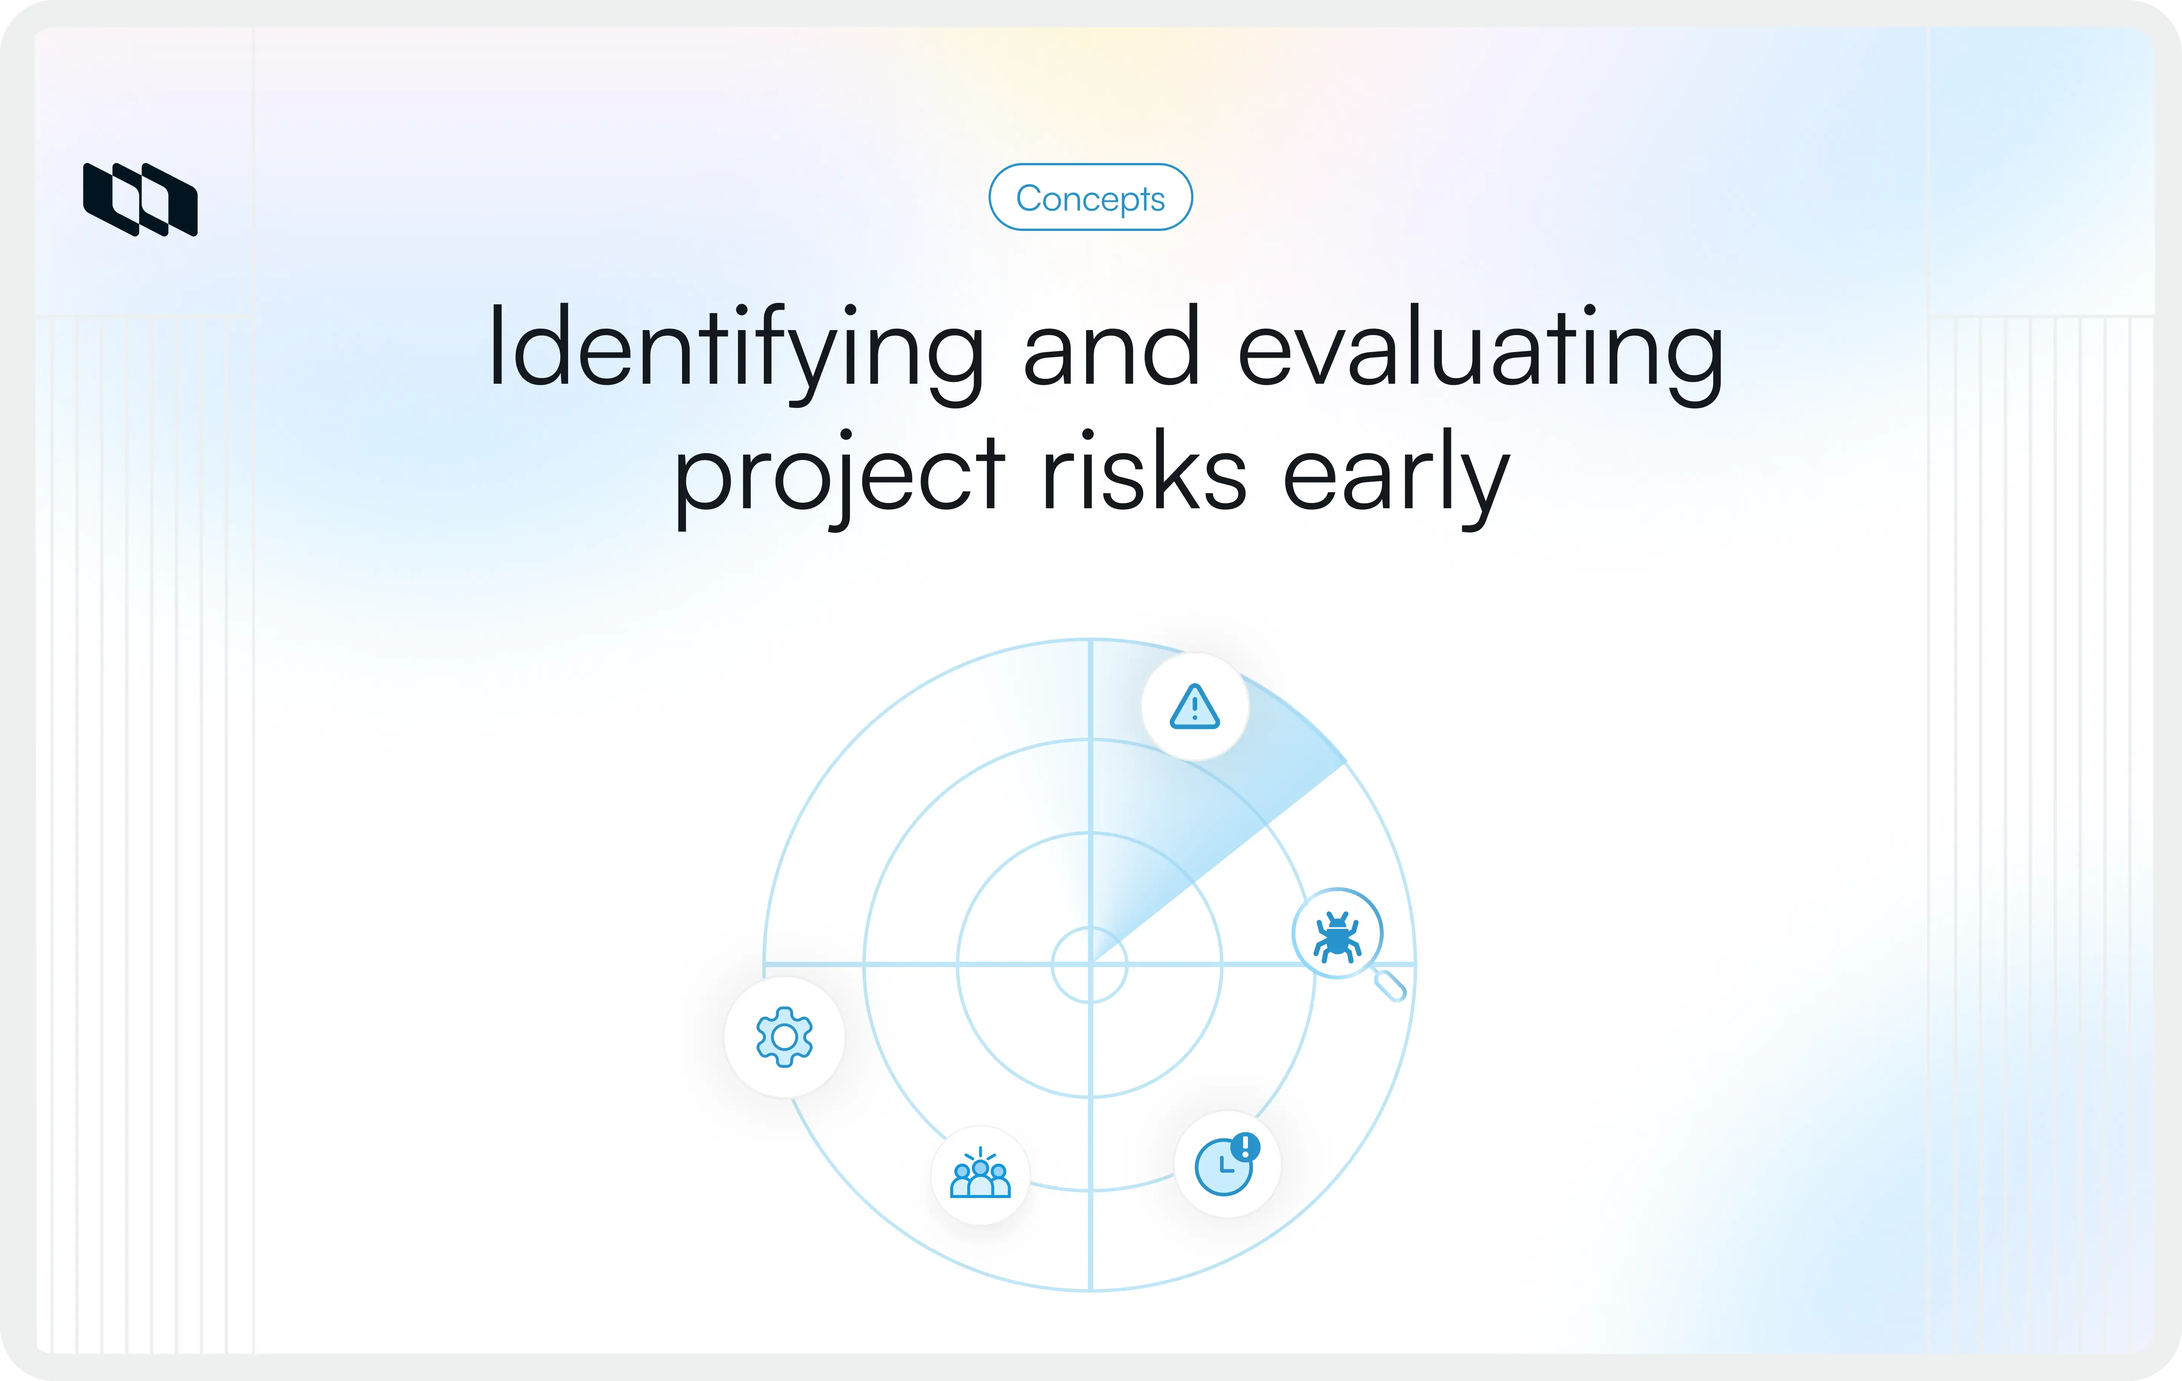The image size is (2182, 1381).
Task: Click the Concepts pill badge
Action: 1090,198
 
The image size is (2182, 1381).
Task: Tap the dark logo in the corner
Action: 140,199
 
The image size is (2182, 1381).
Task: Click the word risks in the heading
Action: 1143,473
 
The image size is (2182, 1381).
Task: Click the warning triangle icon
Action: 1194,707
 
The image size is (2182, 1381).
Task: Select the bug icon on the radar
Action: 1337,934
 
